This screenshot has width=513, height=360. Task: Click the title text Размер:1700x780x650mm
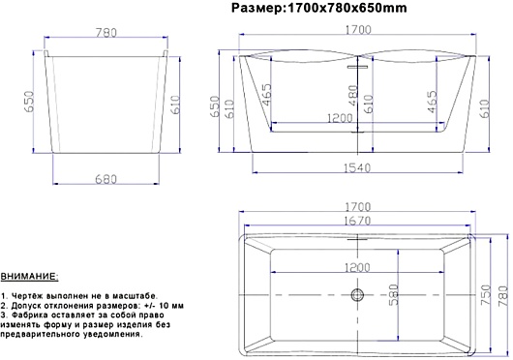point(319,8)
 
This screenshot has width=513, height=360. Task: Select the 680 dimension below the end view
point(106,179)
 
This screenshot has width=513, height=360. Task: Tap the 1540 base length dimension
point(357,168)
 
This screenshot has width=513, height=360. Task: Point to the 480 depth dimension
point(353,96)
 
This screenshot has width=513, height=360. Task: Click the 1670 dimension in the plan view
point(357,221)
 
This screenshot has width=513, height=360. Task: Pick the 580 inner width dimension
point(394,295)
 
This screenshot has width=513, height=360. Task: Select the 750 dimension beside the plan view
point(486,295)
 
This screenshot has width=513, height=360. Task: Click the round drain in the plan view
point(357,295)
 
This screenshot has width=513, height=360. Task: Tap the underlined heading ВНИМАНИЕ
point(29,277)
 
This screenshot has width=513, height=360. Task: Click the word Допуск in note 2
point(25,306)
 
